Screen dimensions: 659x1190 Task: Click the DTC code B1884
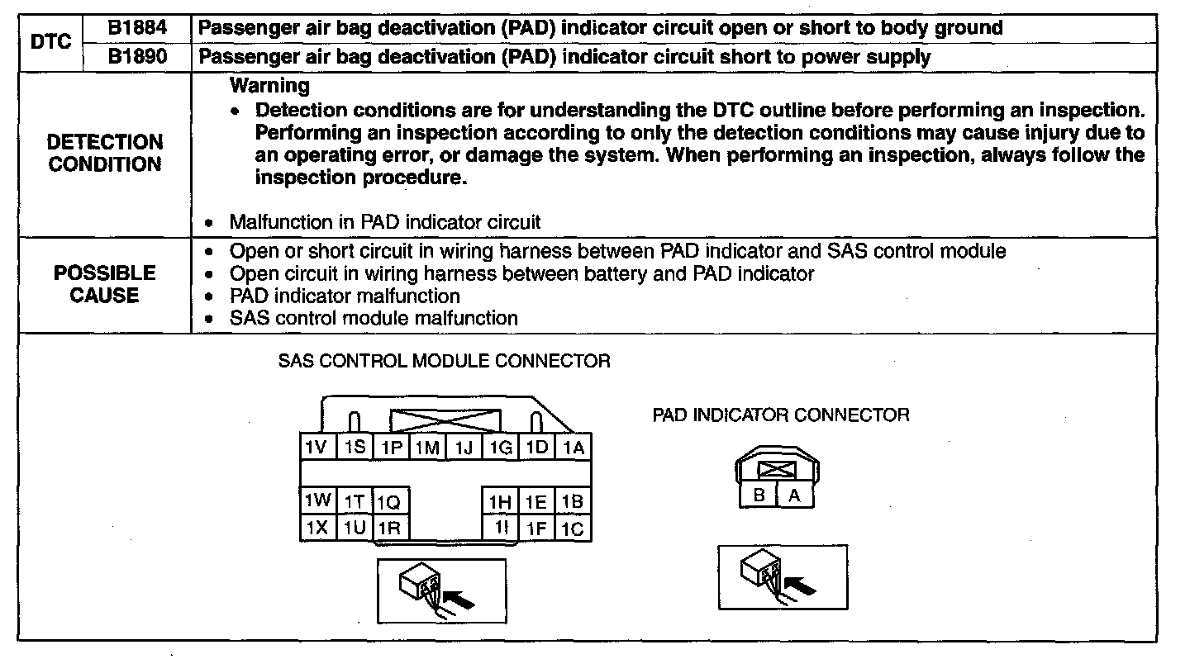pyautogui.click(x=136, y=28)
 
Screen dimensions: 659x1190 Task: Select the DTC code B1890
pyautogui.click(x=136, y=56)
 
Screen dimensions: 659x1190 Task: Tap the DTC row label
pyautogui.click(x=50, y=42)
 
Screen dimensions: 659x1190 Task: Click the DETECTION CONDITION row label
pyautogui.click(x=105, y=154)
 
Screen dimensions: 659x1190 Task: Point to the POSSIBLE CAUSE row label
pyautogui.click(x=105, y=284)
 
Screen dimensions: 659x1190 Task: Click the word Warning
pyautogui.click(x=269, y=85)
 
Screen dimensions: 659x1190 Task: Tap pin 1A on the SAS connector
pyautogui.click(x=574, y=448)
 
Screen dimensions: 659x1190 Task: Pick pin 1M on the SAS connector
pyautogui.click(x=427, y=448)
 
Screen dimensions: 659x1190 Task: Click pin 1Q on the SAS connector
pyautogui.click(x=388, y=502)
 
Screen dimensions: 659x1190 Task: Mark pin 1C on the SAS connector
pyautogui.click(x=574, y=529)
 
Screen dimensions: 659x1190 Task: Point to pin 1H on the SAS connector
pyautogui.click(x=499, y=502)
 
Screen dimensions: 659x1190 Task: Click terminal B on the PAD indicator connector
pyautogui.click(x=759, y=495)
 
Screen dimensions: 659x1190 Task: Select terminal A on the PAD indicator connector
pyautogui.click(x=794, y=495)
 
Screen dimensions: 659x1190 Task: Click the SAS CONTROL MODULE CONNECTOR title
pyautogui.click(x=444, y=362)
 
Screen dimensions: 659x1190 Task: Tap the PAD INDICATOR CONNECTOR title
pyautogui.click(x=780, y=415)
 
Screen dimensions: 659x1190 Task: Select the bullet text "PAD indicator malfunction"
pyautogui.click(x=345, y=296)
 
